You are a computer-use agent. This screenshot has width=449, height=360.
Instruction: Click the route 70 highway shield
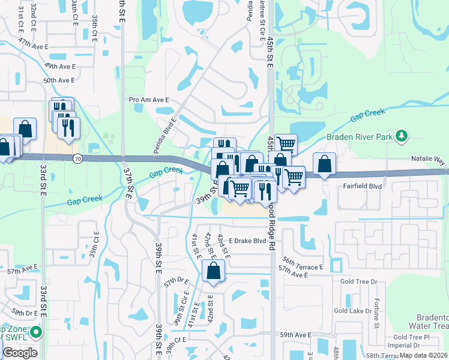coord(77,159)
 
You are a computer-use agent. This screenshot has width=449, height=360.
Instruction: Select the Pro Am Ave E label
coord(149,100)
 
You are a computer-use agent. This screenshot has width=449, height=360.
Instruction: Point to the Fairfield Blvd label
coord(363,187)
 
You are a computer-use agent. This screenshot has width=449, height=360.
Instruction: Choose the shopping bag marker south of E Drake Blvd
coord(214,271)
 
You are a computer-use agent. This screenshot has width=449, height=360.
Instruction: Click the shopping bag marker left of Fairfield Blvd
coord(324,164)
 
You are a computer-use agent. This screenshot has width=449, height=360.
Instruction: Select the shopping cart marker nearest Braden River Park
coord(286,144)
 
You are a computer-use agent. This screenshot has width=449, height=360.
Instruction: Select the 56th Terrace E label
coord(303,266)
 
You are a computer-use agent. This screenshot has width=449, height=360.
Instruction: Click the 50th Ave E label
coord(59,80)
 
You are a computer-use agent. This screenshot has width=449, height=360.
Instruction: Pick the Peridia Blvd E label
coord(164,136)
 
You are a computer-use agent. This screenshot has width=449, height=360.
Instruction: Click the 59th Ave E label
coord(295,335)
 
